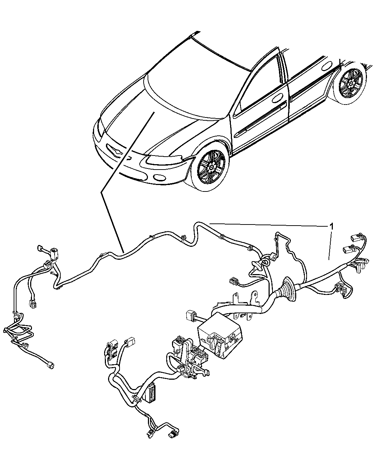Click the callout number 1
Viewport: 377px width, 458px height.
click(332, 226)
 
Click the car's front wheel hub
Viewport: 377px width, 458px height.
click(212, 167)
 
